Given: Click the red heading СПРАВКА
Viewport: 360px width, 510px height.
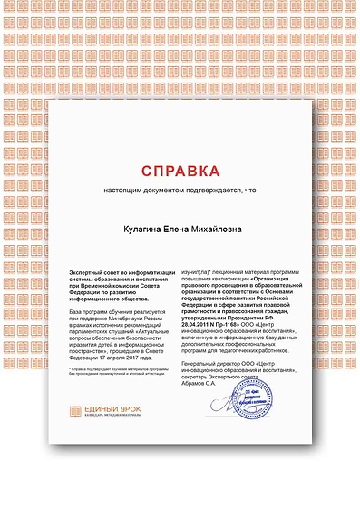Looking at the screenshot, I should click(x=180, y=171).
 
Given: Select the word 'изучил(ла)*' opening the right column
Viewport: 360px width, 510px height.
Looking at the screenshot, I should click(x=199, y=271).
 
